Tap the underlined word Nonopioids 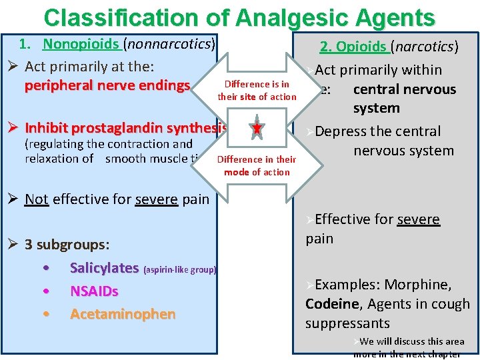(x=81, y=45)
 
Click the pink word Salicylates (x=104, y=268)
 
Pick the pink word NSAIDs (x=94, y=291)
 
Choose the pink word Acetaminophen (x=123, y=314)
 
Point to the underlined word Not (x=37, y=199)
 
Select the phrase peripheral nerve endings (x=107, y=86)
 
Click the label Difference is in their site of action (x=257, y=91)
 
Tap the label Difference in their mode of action (x=257, y=165)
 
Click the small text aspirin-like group (x=179, y=270)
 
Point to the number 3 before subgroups (x=29, y=244)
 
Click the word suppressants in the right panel (x=347, y=323)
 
